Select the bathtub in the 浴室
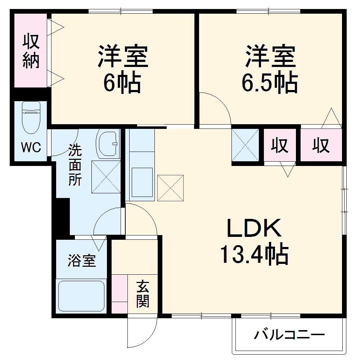81,295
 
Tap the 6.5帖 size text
269,84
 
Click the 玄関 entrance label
143,294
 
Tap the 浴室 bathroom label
82,260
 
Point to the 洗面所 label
75,165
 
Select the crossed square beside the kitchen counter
170,188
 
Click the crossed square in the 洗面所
106,177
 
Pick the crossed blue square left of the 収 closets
245,145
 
